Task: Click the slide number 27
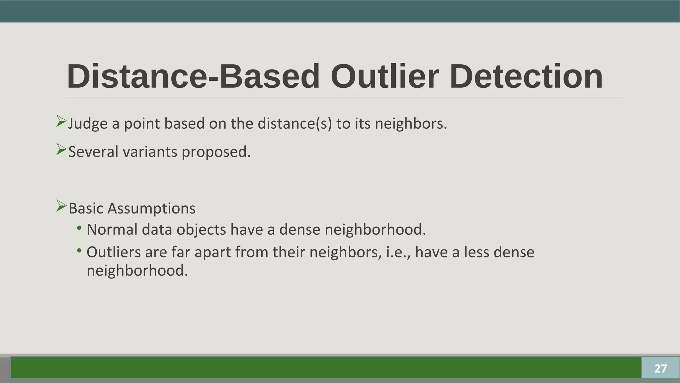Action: [660, 368]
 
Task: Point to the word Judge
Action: [88, 124]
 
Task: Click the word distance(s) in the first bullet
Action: [295, 124]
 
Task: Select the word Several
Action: [93, 152]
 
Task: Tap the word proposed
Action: [216, 153]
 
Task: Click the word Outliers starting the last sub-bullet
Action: [114, 252]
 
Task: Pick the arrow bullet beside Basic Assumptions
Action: [61, 206]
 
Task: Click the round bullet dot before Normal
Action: [79, 228]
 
